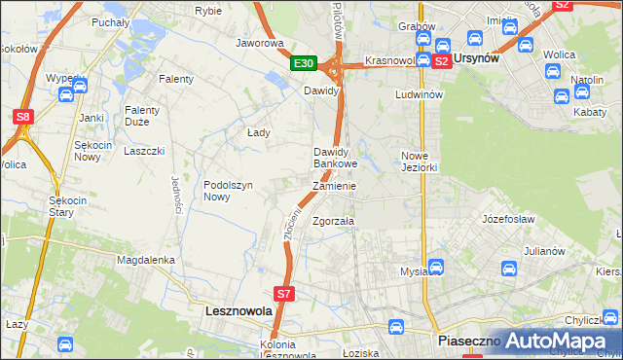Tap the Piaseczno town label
pyautogui.click(x=467, y=342)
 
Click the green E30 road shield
pyautogui.click(x=305, y=63)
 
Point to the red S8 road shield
pyautogui.click(x=22, y=117)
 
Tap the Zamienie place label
pyautogui.click(x=334, y=186)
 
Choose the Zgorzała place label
pyautogui.click(x=332, y=221)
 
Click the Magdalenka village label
pyautogui.click(x=145, y=260)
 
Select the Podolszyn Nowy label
pyautogui.click(x=229, y=190)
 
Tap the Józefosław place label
pyautogui.click(x=502, y=219)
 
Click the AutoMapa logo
pyautogui.click(x=557, y=341)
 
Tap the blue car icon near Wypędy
pyautogui.click(x=66, y=94)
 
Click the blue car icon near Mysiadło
pyautogui.click(x=436, y=266)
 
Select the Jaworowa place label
pyautogui.click(x=259, y=44)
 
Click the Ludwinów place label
pyautogui.click(x=419, y=94)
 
